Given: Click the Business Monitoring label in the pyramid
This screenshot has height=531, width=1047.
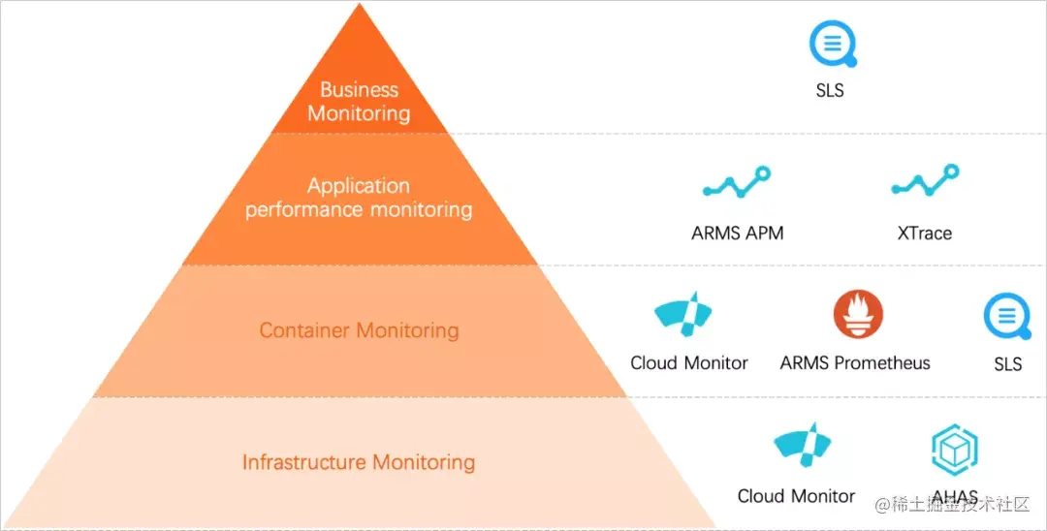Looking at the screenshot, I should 359,102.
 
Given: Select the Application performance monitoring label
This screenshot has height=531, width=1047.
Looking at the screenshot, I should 359,198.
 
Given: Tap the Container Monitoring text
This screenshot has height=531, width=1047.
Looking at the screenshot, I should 359,330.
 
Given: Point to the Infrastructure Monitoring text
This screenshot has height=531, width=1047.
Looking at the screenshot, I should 359,462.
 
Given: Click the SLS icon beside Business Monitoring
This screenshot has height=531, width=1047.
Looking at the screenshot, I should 833,45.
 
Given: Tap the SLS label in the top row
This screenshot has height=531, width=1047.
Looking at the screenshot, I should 830,91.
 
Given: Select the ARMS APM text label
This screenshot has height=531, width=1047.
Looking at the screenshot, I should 737,233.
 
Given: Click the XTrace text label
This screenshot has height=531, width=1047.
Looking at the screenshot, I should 924,233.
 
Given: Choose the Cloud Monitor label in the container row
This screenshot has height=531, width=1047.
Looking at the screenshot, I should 689,363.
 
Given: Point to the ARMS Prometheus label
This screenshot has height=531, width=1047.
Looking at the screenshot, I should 855,363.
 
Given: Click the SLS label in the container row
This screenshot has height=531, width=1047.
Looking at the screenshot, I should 1008,364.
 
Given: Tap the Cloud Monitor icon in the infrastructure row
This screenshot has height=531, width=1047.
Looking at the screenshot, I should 804,446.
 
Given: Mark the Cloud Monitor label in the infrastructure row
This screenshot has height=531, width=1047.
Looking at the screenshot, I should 796,496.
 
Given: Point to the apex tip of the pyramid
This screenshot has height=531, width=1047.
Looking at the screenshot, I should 360,6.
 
